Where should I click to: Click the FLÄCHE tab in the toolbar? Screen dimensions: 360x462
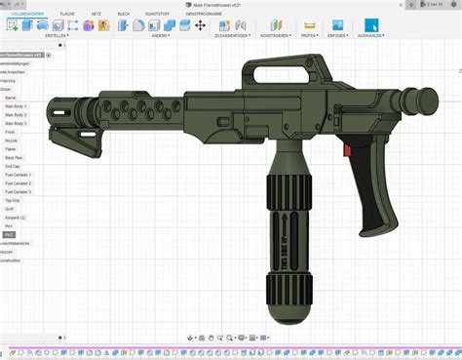coord(67,14)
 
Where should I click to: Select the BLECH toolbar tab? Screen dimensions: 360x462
coord(124,14)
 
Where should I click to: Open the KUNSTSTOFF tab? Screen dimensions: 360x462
coord(157,14)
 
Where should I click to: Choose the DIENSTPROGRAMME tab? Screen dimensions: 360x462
coord(204,14)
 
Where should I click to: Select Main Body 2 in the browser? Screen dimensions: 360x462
coord(16,115)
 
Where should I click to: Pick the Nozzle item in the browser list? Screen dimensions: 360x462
coord(12,140)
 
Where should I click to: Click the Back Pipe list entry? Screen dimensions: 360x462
coord(14,157)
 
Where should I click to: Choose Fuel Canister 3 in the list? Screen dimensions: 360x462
coord(19,191)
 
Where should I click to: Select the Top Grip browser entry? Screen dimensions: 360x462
coord(13,200)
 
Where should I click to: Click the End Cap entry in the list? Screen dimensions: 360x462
coord(13,166)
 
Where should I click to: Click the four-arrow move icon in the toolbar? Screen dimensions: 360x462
coord(200,25)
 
